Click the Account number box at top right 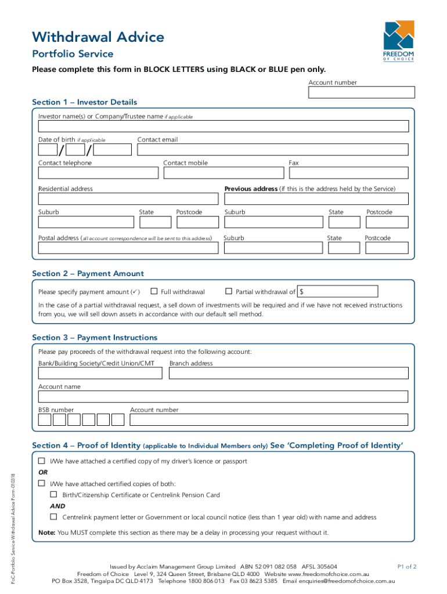click(362, 93)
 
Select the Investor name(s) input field click(223, 126)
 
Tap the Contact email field click(273, 150)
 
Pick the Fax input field click(348, 173)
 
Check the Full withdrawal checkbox click(154, 291)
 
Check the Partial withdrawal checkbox click(229, 291)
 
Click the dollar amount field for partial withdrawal click(338, 291)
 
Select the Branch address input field click(289, 373)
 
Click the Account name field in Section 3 click(223, 397)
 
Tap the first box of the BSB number click(45, 419)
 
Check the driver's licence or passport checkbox click(42, 461)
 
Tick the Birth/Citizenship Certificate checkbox click(53, 495)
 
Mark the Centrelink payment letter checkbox click(53, 516)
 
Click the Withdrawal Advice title click(98, 38)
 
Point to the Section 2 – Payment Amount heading click(88, 274)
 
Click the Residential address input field click(128, 199)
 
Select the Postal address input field click(128, 248)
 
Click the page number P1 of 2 click(406, 566)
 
